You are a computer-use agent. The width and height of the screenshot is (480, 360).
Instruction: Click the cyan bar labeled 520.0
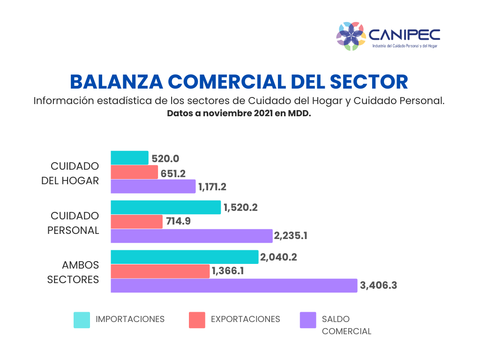[129, 158]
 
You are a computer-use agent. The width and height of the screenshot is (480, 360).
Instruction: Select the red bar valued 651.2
[135, 172]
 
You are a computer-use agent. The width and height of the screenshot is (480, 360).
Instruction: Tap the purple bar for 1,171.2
[153, 187]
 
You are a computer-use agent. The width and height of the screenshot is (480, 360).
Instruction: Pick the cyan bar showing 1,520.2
[165, 207]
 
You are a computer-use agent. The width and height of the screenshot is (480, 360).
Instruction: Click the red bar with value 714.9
[137, 222]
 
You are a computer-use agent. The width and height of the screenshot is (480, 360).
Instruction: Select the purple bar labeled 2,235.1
[191, 236]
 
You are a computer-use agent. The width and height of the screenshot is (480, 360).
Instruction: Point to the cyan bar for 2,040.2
[184, 257]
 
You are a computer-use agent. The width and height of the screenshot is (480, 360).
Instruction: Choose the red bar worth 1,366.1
[160, 271]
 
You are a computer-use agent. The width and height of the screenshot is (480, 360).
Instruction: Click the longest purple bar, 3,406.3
[234, 285]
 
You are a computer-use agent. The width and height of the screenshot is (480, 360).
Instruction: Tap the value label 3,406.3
[378, 285]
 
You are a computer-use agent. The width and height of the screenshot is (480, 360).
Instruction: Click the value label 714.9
[178, 222]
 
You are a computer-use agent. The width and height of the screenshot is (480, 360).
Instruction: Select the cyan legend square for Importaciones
[82, 320]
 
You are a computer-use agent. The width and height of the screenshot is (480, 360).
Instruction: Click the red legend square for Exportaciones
[197, 320]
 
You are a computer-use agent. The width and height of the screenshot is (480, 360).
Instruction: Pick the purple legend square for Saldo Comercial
[308, 320]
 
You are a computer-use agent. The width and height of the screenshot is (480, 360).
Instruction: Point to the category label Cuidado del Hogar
[75, 173]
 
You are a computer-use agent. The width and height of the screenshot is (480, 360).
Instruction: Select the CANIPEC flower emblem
[351, 36]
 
